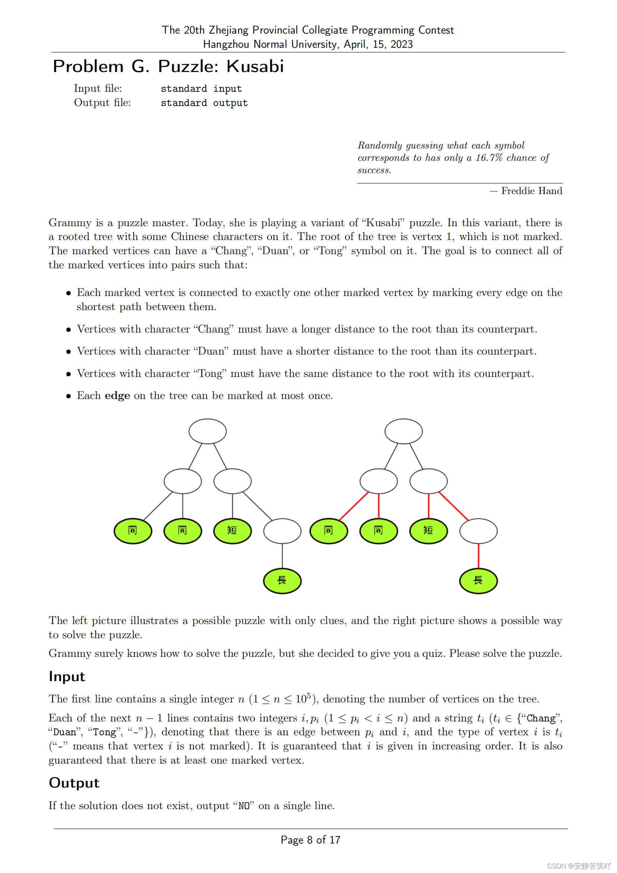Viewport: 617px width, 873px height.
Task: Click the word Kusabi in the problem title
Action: coord(255,66)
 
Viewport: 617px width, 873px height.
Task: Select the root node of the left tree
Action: coord(207,431)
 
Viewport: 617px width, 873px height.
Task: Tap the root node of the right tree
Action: coord(404,431)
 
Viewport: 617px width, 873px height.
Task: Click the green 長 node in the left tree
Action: coord(282,581)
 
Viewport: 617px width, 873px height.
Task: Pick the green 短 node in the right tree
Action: coord(429,531)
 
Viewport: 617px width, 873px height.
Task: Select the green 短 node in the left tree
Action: coord(232,531)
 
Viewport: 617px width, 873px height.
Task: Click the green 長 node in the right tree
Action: coord(478,581)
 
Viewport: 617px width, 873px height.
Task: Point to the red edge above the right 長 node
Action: coord(478,556)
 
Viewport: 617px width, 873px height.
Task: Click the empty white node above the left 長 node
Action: coord(282,531)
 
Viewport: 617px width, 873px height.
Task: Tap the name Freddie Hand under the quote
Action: coord(532,191)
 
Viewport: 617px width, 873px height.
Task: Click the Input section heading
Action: coord(67,677)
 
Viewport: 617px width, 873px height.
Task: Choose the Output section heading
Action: coord(74,783)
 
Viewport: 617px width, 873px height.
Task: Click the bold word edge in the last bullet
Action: coord(118,396)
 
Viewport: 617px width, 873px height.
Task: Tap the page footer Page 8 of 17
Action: coord(310,840)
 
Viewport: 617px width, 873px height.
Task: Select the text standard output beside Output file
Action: coord(204,103)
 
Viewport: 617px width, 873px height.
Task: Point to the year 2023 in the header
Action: coord(402,44)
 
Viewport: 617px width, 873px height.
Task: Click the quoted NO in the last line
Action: coord(244,806)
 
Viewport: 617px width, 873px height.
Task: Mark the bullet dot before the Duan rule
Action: coord(68,352)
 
